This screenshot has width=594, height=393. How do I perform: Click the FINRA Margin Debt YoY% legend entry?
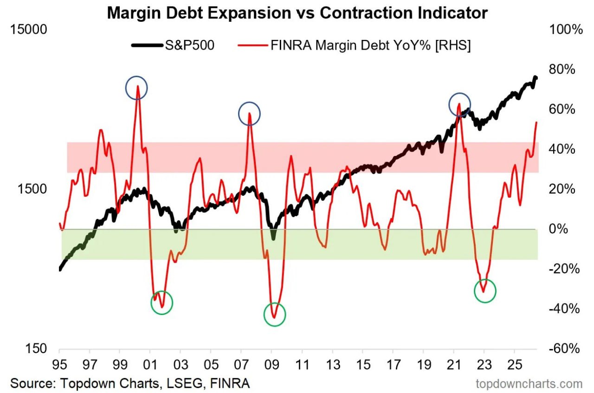coord(354,45)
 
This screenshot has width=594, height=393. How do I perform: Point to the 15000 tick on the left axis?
coord(28,29)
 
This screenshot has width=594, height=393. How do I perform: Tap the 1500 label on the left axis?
coord(32,189)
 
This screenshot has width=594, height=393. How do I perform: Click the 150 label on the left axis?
coord(36,348)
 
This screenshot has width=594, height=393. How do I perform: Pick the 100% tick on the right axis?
coord(566,29)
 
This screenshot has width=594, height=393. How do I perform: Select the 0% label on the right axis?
coord(558,229)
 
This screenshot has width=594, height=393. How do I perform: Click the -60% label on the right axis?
coord(564,348)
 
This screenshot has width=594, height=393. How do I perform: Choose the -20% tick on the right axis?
coord(564,269)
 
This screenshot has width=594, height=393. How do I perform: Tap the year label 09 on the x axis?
coord(272,365)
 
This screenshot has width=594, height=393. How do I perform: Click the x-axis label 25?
coord(515,365)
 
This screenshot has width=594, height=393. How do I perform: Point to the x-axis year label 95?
coord(59,365)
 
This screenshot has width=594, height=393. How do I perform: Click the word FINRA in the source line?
coord(230,383)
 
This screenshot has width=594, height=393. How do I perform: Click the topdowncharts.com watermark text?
coord(529,384)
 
